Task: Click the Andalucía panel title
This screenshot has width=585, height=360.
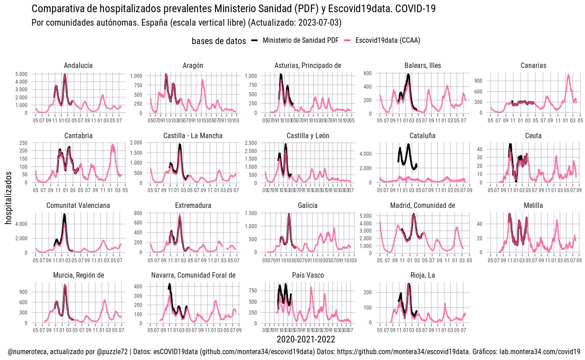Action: point(78,66)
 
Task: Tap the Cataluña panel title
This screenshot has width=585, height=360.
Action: point(423,136)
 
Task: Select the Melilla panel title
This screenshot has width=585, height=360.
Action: point(533,206)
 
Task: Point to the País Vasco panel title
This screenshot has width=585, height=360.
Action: point(308,275)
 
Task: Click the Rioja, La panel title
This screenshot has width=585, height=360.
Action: point(423,275)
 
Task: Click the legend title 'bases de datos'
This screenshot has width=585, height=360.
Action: point(219,41)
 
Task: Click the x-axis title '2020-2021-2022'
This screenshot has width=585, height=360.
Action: point(306,339)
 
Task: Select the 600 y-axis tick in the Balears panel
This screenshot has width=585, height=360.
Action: point(368,73)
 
